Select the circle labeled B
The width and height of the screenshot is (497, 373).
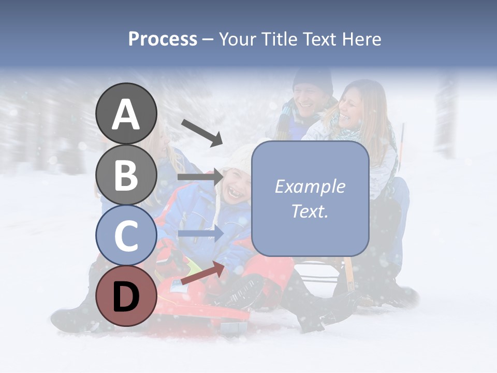pos(126,175)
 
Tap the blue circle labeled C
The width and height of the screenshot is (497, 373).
pos(126,235)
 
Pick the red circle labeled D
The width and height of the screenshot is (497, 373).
pos(126,296)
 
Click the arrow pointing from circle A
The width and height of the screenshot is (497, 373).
pos(202,133)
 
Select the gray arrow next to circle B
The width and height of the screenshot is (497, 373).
pos(200,177)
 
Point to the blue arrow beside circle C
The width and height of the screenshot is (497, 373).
pos(200,234)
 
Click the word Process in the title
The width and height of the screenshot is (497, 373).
pos(163,39)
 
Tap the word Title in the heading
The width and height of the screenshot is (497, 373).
pos(280,39)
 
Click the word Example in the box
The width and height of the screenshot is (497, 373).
pos(310,187)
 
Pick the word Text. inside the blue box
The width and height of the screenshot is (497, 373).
pos(310,211)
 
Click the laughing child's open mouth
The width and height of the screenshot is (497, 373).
pos(235,194)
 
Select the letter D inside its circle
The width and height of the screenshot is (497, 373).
pos(126,296)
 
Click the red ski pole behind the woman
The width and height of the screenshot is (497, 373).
pos(401,142)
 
